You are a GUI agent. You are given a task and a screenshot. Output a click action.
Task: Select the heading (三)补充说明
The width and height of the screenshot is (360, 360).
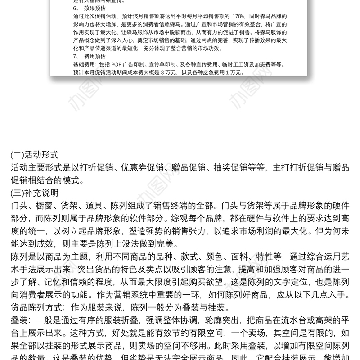click(34, 193)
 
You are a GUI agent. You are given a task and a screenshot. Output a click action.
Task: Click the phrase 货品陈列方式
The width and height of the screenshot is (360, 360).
click(37, 308)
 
